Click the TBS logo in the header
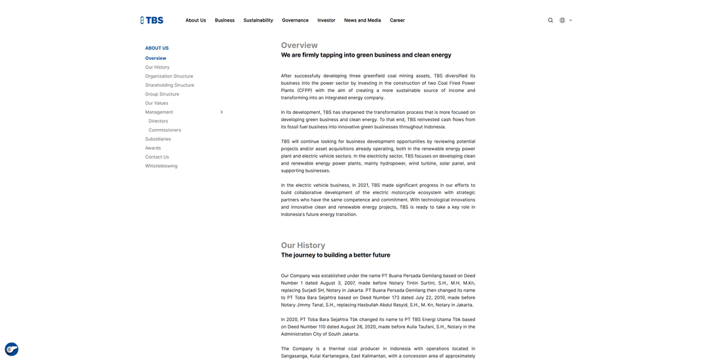pos(151,20)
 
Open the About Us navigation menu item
pos(196,20)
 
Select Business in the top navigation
pos(224,20)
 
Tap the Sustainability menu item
pos(258,20)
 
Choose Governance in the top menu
pos(295,20)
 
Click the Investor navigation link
pos(326,20)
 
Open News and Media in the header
pos(362,20)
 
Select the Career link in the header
pos(397,20)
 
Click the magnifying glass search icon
pos(550,20)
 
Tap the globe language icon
pos(562,20)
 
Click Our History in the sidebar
pos(157,67)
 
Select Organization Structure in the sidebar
pos(169,76)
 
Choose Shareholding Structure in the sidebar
pos(170,85)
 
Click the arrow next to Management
pos(221,112)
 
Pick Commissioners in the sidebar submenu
pos(165,130)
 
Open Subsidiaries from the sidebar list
pos(158,139)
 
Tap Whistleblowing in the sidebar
pos(161,166)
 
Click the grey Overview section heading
pos(299,45)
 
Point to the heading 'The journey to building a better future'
pos(335,255)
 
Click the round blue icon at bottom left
pos(11,349)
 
